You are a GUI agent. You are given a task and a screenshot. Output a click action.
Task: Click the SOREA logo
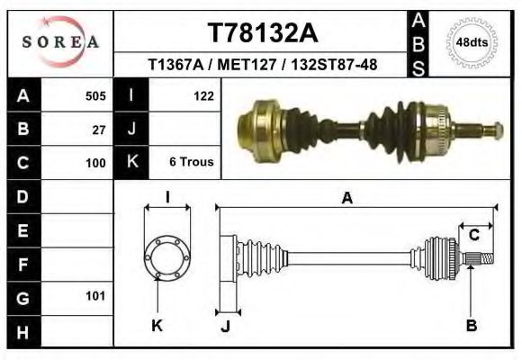[x=59, y=42]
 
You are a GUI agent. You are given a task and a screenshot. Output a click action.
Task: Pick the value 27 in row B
[x=99, y=130]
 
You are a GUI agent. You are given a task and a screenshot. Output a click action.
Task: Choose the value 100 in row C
[x=94, y=163]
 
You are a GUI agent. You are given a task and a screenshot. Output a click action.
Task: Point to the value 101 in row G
[x=94, y=296]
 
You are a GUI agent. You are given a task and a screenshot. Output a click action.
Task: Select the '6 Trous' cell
[x=191, y=163]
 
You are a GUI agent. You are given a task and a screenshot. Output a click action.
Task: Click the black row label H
[x=22, y=331]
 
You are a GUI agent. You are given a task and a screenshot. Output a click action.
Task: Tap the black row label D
[x=22, y=196]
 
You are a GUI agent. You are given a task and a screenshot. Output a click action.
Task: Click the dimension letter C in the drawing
[x=473, y=235]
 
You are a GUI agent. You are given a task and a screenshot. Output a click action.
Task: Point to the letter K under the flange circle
[x=157, y=325]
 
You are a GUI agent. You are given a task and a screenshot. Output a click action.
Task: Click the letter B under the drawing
[x=471, y=325]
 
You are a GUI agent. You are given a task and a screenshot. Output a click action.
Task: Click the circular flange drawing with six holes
[x=167, y=257]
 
